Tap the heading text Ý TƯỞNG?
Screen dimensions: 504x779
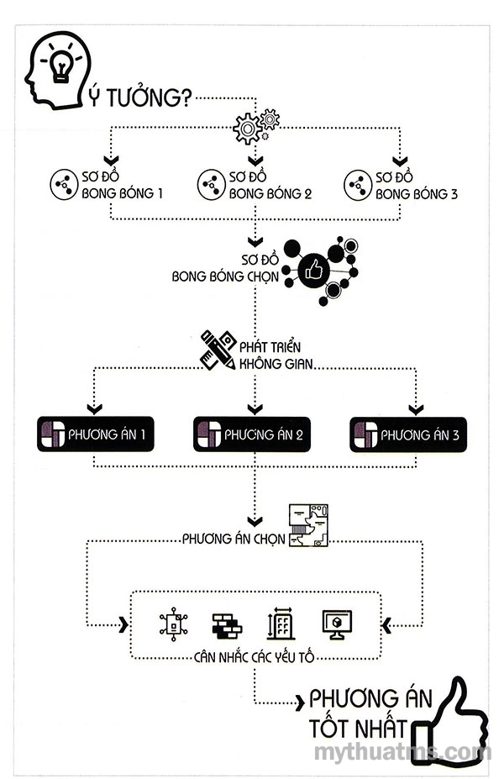point(140,97)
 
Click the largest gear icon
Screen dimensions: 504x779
point(247,129)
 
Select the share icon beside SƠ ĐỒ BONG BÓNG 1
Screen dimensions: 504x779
point(64,185)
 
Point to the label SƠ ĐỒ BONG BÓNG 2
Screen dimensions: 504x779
point(270,186)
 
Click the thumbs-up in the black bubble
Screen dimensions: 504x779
point(314,270)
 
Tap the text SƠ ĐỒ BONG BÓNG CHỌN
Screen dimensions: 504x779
point(225,268)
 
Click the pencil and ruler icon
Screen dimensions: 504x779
point(218,350)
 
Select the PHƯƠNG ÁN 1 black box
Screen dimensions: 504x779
point(95,434)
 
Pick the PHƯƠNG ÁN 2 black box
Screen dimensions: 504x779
point(252,434)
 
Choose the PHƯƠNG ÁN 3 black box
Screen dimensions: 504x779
point(408,434)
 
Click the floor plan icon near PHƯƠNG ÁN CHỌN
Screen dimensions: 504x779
point(308,525)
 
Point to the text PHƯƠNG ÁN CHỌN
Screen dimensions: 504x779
point(234,539)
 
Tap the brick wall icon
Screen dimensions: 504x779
point(227,625)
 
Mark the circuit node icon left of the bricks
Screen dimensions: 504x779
point(173,624)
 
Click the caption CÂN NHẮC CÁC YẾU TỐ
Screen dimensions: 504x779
point(254,657)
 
